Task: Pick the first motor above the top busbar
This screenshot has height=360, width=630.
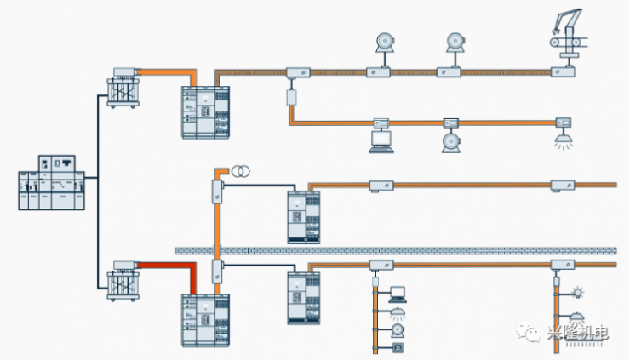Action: [x=381, y=43]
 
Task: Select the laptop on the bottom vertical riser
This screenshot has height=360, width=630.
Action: [x=396, y=295]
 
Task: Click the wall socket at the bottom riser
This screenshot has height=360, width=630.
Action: [x=397, y=347]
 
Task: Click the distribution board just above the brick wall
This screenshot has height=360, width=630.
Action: [x=304, y=217]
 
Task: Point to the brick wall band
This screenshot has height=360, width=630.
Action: [x=400, y=251]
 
